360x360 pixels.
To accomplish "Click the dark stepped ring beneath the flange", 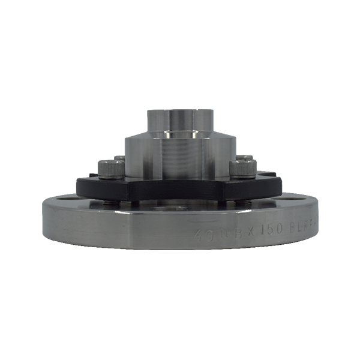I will click(x=180, y=264).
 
